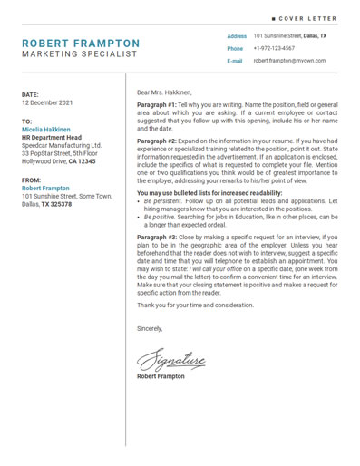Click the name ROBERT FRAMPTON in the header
point(81,43)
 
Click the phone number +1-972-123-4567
point(274,48)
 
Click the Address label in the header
point(237,36)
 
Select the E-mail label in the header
point(235,61)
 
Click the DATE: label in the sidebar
point(30,94)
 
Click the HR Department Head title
point(51,138)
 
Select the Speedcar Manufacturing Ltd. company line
point(62,145)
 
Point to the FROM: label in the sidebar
point(31,180)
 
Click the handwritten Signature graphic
point(171,362)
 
